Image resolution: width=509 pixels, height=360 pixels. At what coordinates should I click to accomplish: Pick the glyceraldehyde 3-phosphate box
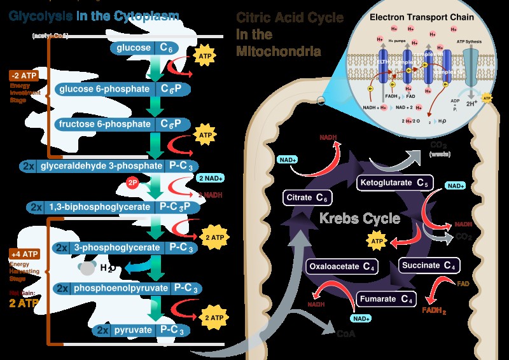104,166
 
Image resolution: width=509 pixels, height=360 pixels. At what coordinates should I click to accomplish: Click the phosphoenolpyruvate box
122,288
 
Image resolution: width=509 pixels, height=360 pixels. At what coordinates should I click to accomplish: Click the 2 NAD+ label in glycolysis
211,178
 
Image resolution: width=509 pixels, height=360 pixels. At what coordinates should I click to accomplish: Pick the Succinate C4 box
429,265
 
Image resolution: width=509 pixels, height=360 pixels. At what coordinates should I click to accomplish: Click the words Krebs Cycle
360,219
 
